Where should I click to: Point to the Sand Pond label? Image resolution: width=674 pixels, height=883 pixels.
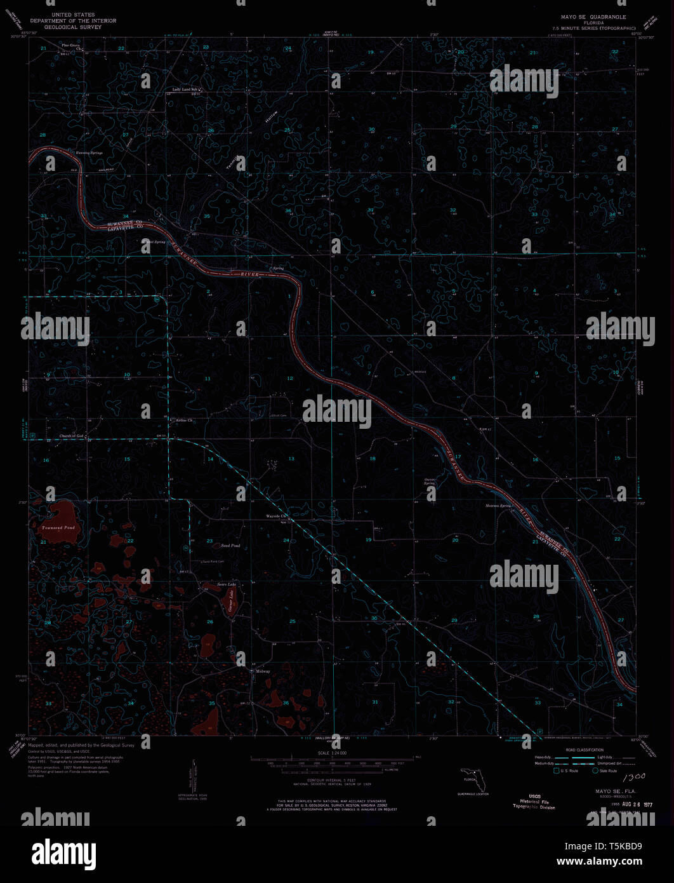(230, 546)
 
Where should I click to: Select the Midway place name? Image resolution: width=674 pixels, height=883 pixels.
(263, 671)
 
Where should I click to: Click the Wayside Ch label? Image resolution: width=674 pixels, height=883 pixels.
(277, 516)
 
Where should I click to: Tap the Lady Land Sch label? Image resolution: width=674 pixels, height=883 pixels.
(187, 90)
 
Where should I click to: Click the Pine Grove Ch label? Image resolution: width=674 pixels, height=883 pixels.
(70, 46)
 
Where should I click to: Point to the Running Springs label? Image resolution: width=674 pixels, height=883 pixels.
(89, 154)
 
